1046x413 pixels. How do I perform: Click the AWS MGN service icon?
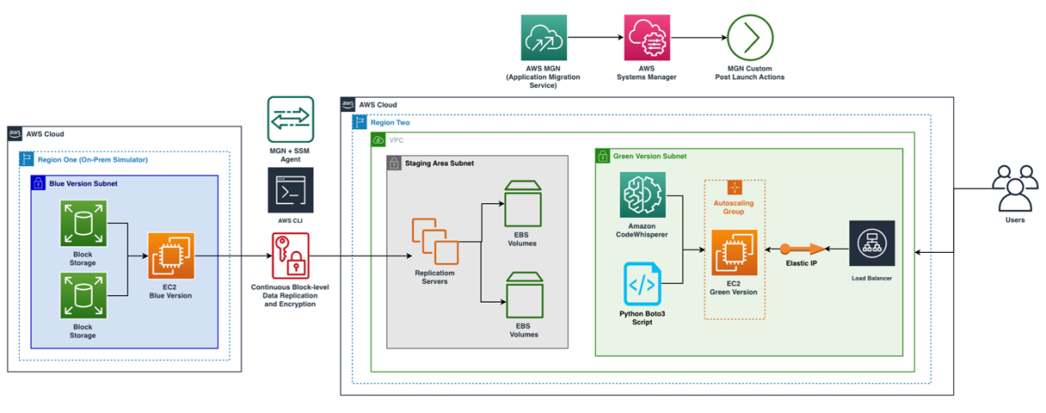click(x=543, y=37)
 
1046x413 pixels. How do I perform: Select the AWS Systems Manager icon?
click(x=647, y=37)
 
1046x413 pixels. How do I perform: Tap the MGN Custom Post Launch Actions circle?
click(x=750, y=37)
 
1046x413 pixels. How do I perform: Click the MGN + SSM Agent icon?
click(x=291, y=119)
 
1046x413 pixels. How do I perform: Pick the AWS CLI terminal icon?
click(x=291, y=191)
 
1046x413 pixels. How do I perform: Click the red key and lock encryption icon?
click(x=290, y=255)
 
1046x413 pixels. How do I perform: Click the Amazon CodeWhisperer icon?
click(x=643, y=196)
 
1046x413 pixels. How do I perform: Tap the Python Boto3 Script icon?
click(x=643, y=284)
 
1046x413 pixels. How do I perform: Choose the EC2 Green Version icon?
click(x=734, y=252)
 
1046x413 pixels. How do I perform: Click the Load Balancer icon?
click(x=872, y=243)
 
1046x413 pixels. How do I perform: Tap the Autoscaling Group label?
click(x=734, y=206)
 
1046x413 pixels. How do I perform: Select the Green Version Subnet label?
click(x=649, y=156)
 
